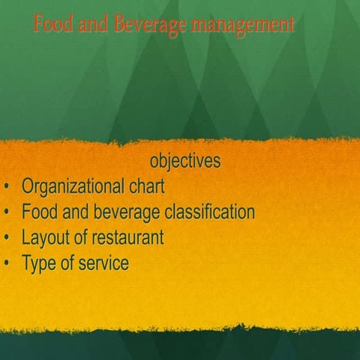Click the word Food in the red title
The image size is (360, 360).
point(52,25)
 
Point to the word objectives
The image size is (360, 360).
point(184,161)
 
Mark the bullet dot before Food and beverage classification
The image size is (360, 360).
point(7,213)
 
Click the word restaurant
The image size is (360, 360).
point(127,238)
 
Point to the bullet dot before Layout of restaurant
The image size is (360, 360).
point(7,239)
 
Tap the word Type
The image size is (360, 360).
point(39,264)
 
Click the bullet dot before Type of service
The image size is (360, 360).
point(7,265)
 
